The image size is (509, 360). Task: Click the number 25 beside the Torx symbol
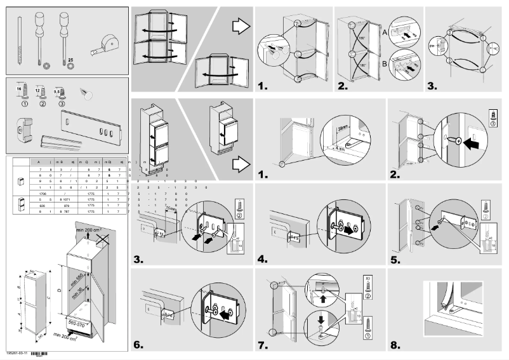click(x=70, y=59)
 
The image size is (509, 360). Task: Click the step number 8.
click(x=396, y=346)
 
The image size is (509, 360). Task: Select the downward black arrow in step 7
click(x=322, y=321)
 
